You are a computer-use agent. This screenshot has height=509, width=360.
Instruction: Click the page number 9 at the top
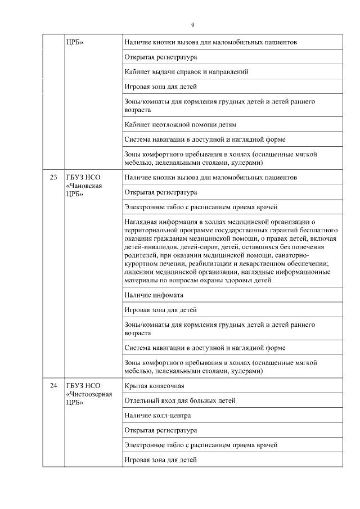192,25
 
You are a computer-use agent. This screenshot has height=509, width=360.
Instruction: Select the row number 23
53,178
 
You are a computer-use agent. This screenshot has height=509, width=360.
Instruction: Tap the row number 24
53,386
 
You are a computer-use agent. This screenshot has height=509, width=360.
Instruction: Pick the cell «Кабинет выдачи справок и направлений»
186,72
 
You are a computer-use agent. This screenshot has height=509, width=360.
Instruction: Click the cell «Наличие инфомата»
154,295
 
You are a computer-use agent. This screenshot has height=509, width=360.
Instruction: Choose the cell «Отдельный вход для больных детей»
179,400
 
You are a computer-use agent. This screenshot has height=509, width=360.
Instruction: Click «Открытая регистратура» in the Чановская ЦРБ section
160,192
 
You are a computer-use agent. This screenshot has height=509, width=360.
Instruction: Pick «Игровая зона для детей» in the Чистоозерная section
160,460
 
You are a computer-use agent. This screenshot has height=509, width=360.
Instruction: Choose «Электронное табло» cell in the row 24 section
201,445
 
